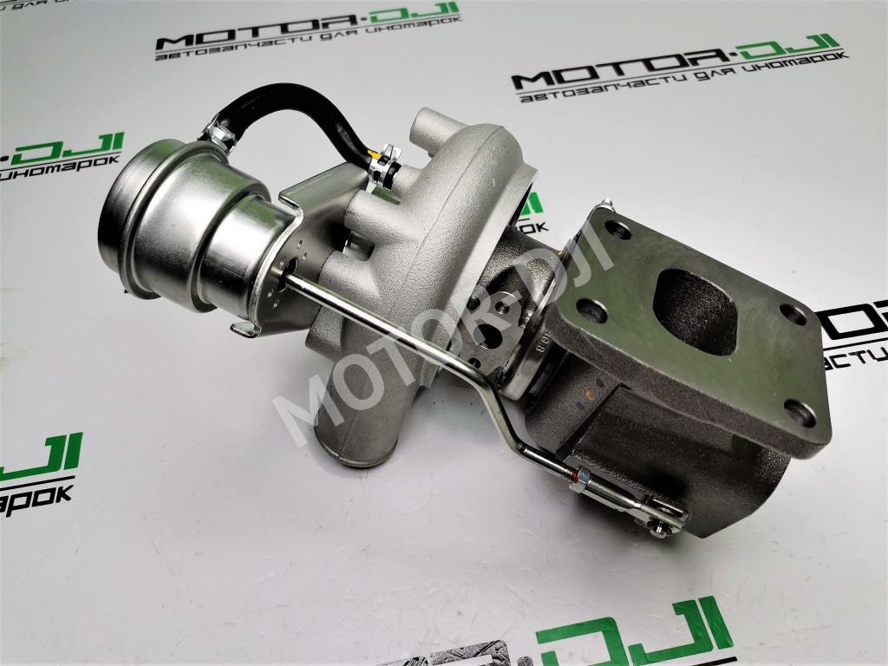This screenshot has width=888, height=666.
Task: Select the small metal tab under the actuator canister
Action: tap(245, 329)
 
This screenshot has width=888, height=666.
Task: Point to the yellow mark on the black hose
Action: tap(375, 154)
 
